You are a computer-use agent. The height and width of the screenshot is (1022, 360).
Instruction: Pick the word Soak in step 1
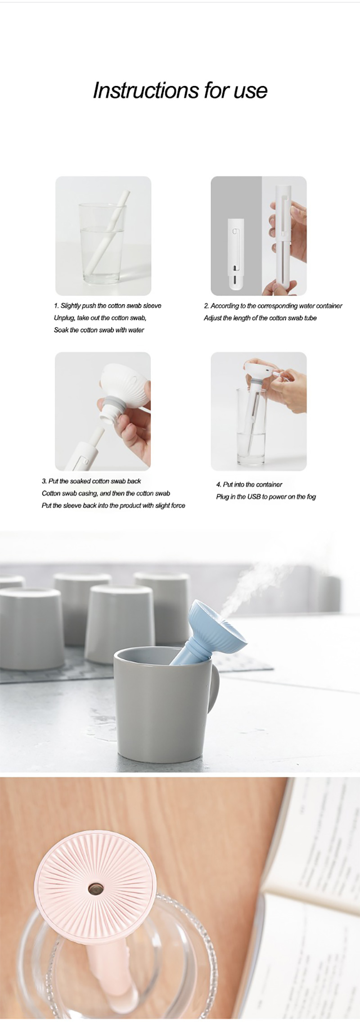click(61, 330)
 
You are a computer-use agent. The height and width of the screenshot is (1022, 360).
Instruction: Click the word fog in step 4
click(311, 497)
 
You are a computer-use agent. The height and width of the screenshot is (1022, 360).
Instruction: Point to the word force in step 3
click(178, 506)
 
